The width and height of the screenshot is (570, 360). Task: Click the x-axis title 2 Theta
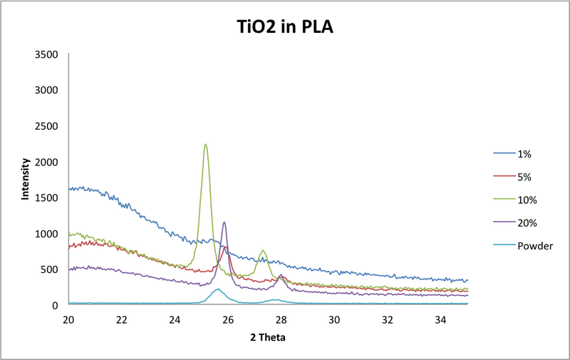tap(268, 336)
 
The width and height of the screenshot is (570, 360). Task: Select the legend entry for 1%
tap(524, 153)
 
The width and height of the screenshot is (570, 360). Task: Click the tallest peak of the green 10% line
tap(205, 145)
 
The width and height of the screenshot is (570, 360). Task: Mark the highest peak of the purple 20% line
tap(224, 222)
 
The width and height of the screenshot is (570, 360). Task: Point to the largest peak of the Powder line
tap(217, 289)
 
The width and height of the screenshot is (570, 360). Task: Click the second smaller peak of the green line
tap(263, 251)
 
